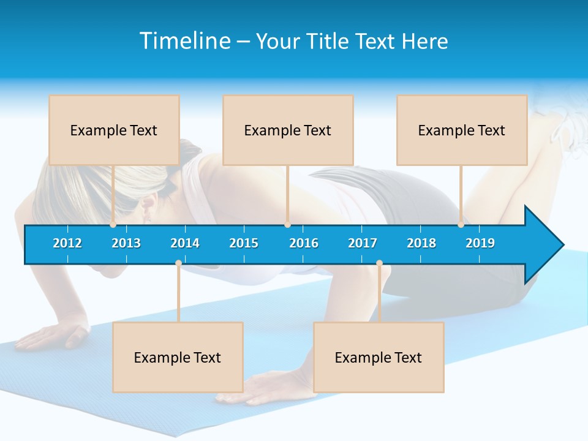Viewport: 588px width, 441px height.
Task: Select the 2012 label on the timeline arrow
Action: [x=67, y=243]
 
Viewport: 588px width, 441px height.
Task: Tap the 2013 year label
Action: [x=126, y=243]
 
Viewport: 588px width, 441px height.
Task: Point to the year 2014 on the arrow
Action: [x=185, y=243]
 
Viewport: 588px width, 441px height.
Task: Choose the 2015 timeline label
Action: [x=244, y=243]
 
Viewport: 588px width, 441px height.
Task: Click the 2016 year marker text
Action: [x=304, y=243]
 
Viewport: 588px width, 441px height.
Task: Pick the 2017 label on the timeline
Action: [x=363, y=243]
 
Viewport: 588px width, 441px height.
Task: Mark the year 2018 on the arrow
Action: [x=421, y=243]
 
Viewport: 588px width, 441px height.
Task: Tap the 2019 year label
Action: [x=480, y=243]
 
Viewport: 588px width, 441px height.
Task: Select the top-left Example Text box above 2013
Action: [x=114, y=130]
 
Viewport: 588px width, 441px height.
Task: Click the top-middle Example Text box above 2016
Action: [x=288, y=130]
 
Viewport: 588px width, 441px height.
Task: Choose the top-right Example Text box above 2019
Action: [x=462, y=130]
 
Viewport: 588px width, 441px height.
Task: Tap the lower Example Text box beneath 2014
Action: [x=178, y=357]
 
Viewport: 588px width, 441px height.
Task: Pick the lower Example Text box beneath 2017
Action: [x=379, y=357]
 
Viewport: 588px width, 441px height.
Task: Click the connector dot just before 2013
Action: [x=113, y=225]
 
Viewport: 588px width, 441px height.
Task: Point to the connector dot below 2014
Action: [x=178, y=263]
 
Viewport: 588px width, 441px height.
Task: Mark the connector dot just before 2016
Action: [x=287, y=225]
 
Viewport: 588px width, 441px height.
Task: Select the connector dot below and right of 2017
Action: [x=379, y=263]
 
